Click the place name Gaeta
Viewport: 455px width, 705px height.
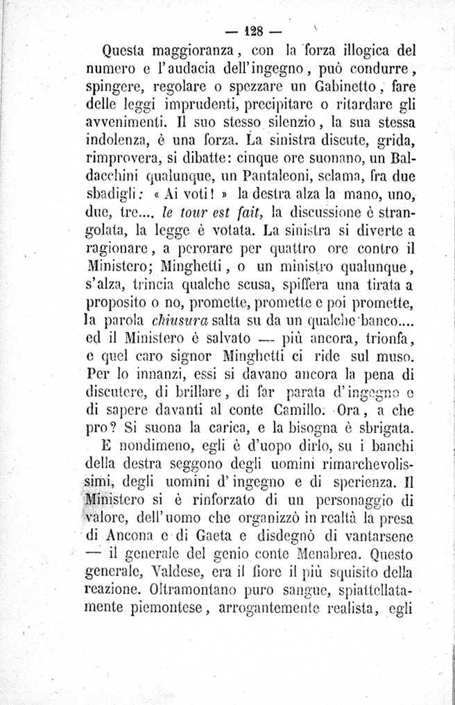212,534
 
